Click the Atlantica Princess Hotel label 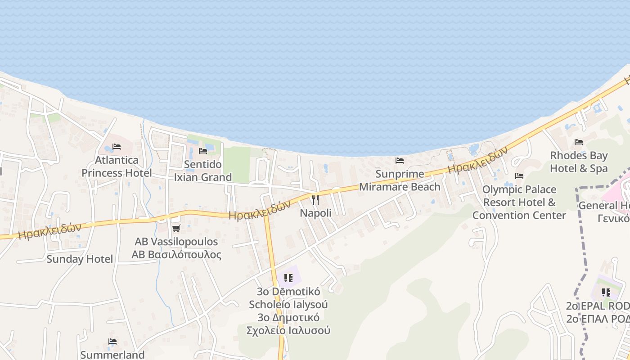(x=117, y=166)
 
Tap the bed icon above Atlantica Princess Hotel (x=117, y=147)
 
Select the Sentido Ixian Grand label (x=203, y=171)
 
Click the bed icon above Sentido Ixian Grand (x=203, y=151)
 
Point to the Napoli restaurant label (x=315, y=213)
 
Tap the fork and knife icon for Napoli (x=315, y=199)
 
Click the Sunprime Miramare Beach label (x=400, y=180)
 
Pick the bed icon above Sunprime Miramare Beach (x=400, y=161)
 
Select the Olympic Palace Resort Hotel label (x=519, y=202)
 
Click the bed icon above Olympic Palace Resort (x=519, y=176)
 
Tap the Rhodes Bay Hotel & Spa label (x=579, y=162)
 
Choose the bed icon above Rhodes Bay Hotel (x=579, y=143)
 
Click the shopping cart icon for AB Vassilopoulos (x=176, y=229)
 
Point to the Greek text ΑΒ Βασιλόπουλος (x=176, y=255)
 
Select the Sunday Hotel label (x=80, y=259)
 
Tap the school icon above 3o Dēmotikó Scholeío (x=288, y=278)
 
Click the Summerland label (x=112, y=355)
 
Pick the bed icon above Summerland (x=112, y=342)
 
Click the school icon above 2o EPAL (x=606, y=292)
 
